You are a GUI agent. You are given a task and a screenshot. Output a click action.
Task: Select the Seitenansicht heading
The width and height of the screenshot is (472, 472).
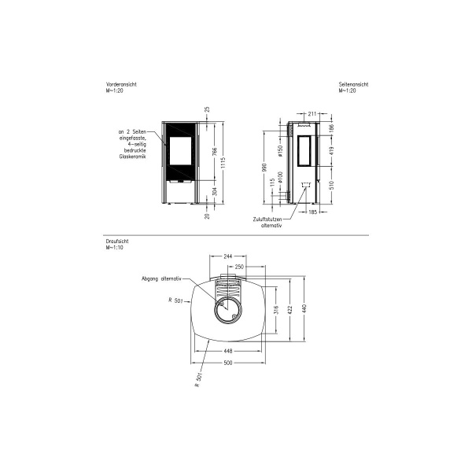coord(354,84)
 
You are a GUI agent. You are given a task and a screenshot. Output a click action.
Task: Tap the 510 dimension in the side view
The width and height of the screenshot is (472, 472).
coord(331,186)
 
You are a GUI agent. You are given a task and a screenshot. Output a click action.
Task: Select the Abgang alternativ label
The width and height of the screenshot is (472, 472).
coord(161,278)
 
